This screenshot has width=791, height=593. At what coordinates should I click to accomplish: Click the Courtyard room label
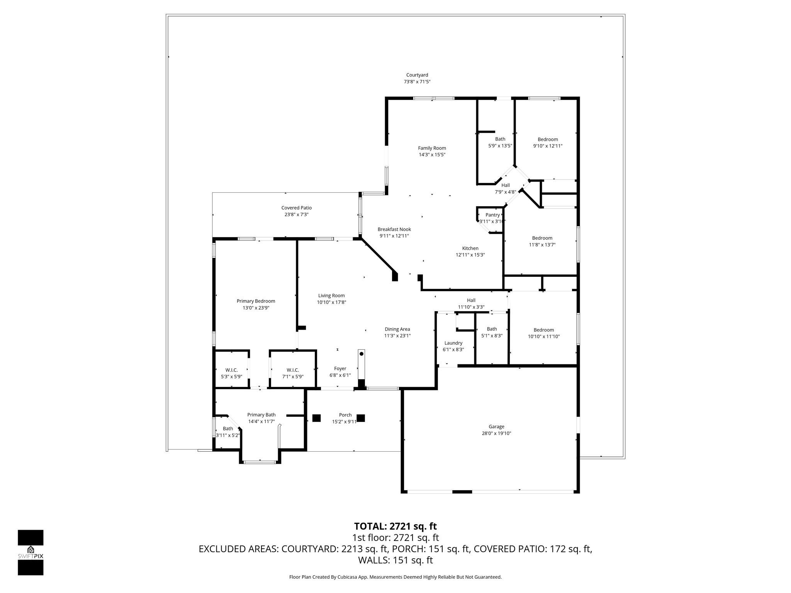[x=417, y=75]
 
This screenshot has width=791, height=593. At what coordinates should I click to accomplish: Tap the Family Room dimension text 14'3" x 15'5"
[x=432, y=155]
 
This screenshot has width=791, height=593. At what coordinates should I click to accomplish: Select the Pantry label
[x=492, y=215]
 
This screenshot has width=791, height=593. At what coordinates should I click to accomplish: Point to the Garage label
[x=496, y=427]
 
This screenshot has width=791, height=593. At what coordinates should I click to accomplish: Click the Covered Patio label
[x=296, y=208]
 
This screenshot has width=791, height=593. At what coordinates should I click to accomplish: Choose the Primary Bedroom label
[x=256, y=301]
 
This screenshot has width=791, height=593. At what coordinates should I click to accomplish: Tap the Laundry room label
[x=453, y=343]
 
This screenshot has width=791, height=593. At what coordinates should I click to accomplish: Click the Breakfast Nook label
[x=394, y=229]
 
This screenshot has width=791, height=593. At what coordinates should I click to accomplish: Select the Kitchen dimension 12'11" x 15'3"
[x=470, y=255]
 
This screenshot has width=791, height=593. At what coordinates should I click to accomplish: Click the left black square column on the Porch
[x=316, y=418]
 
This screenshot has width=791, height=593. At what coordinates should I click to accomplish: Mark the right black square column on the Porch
[x=361, y=418]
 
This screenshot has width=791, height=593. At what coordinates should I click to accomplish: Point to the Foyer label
[x=340, y=368]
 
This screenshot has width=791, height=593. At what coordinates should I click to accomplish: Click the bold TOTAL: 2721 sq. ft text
[x=395, y=526]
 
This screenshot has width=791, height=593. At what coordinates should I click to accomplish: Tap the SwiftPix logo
[x=31, y=552]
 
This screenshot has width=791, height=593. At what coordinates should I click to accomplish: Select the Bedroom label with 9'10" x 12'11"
[x=548, y=139]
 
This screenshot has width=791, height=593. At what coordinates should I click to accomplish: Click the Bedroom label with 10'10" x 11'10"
[x=543, y=330]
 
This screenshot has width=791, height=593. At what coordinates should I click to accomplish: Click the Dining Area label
[x=397, y=329]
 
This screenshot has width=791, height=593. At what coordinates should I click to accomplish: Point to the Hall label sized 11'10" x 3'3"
[x=471, y=300]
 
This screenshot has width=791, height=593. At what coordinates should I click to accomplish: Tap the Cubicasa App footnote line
[x=395, y=577]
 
